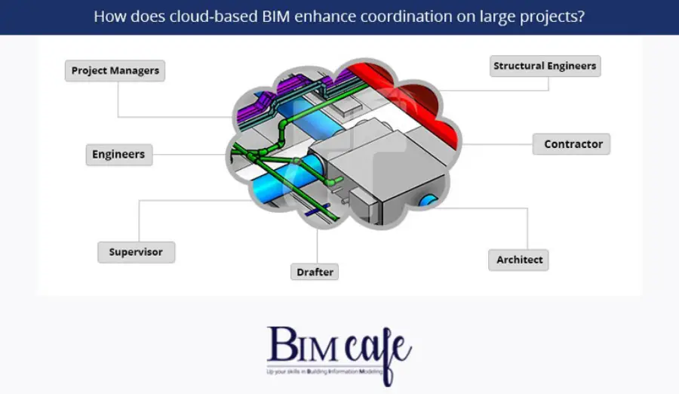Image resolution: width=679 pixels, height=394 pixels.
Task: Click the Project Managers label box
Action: [x=115, y=71]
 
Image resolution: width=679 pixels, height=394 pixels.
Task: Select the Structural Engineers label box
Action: [x=545, y=66]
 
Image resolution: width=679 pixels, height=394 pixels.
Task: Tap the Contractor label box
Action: [x=571, y=143]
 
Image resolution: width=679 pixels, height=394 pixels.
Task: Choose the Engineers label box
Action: [x=118, y=155]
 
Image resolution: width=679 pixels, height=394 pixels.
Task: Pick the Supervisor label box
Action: [x=136, y=251]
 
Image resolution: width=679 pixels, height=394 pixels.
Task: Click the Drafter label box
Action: [x=315, y=272]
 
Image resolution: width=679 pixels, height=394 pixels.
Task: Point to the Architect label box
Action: [x=518, y=260]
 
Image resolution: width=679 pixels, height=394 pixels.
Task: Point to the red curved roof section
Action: [x=422, y=98]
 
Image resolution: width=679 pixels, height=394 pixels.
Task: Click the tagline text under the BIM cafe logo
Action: [x=325, y=372]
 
